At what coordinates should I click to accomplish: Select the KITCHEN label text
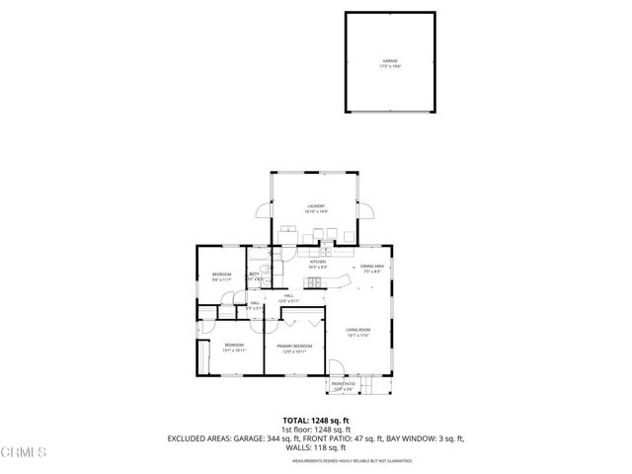pyautogui.click(x=317, y=264)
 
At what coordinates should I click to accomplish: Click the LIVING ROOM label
pyautogui.click(x=357, y=332)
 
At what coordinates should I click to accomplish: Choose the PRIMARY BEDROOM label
pyautogui.click(x=295, y=348)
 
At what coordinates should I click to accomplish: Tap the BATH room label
pyautogui.click(x=254, y=276)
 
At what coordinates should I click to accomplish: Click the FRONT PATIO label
pyautogui.click(x=343, y=386)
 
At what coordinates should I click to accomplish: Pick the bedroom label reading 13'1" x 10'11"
pyautogui.click(x=232, y=348)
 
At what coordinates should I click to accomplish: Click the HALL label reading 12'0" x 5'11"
pyautogui.click(x=290, y=298)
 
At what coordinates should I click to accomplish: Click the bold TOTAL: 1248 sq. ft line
pyautogui.click(x=316, y=421)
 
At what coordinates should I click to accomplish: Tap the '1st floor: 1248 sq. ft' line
pyautogui.click(x=316, y=430)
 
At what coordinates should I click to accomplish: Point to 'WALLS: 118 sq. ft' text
pyautogui.click(x=316, y=447)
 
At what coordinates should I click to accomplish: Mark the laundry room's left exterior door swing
pyautogui.click(x=264, y=211)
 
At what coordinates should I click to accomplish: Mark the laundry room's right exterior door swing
pyautogui.click(x=367, y=211)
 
